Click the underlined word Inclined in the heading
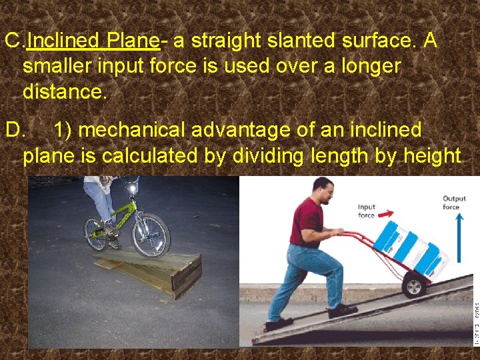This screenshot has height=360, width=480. tap(63, 41)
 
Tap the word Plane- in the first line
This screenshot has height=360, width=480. tap(132, 41)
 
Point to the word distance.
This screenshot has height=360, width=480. tap(64, 91)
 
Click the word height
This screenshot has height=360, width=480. tap(428, 155)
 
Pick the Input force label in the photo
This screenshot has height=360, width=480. tap(367, 211)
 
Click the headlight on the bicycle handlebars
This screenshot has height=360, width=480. tap(132, 189)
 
